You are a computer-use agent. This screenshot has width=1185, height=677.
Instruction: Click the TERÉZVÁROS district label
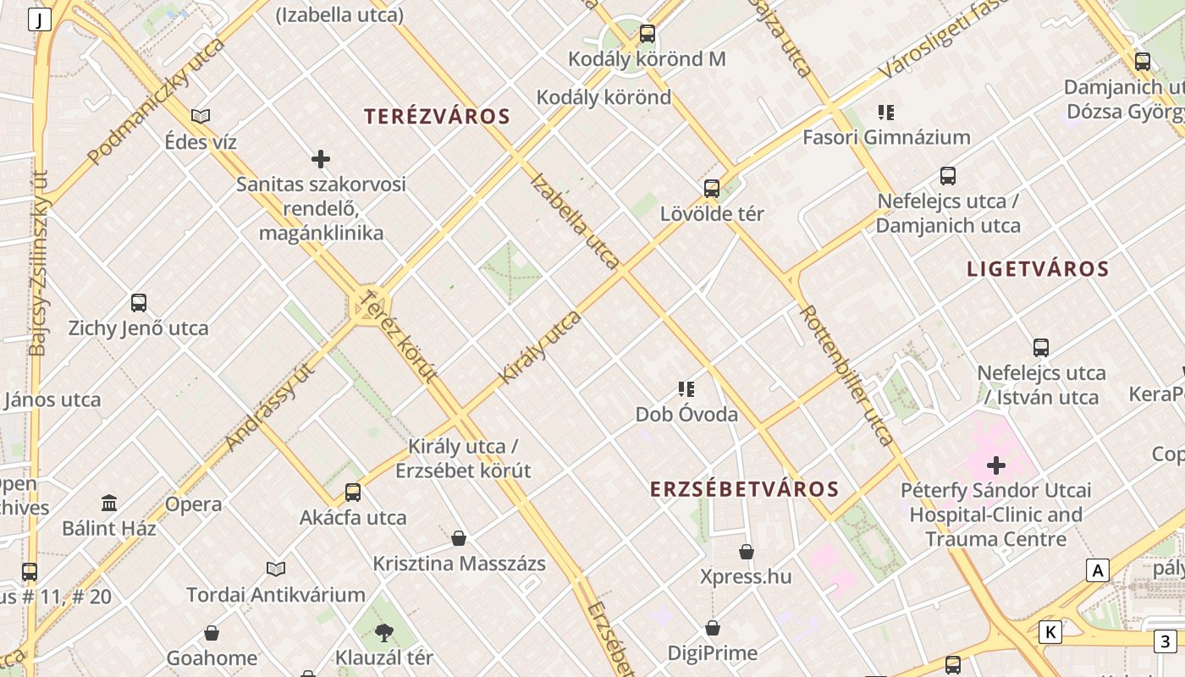(x=437, y=117)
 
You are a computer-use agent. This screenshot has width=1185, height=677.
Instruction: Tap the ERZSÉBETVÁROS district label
(x=744, y=489)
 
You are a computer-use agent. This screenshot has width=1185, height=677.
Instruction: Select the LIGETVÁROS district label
(x=1038, y=269)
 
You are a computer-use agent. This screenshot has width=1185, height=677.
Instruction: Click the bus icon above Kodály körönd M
(x=648, y=34)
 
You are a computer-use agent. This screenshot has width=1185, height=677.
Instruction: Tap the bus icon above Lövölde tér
(x=712, y=188)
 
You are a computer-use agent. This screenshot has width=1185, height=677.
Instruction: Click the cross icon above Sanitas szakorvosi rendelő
(x=321, y=158)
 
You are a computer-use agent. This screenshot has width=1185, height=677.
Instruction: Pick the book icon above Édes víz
(x=201, y=116)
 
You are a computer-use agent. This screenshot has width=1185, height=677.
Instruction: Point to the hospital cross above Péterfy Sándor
(x=996, y=465)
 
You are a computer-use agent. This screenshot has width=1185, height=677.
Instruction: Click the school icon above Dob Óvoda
(x=686, y=389)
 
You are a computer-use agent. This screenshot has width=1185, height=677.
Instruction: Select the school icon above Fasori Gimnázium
(x=886, y=112)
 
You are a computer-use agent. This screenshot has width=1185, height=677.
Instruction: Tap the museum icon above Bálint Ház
(x=109, y=504)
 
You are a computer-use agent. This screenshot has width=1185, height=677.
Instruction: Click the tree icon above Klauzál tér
(x=384, y=632)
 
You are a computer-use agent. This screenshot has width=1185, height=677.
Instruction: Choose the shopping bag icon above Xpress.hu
(x=747, y=552)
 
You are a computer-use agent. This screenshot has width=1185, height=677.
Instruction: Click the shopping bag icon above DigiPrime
(x=713, y=628)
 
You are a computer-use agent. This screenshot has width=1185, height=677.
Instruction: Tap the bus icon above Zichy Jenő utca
(x=139, y=303)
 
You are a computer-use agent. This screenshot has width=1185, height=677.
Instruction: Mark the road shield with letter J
(x=39, y=19)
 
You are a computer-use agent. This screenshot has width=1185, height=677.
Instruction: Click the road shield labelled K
(x=1050, y=631)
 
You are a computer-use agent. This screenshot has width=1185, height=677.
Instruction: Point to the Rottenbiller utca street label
(x=846, y=376)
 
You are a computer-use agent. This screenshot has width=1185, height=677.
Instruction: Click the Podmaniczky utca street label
(x=157, y=100)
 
